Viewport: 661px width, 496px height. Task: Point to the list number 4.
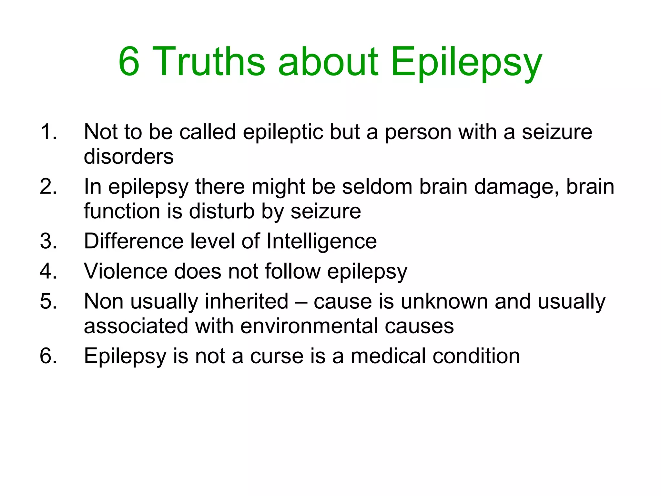(48, 271)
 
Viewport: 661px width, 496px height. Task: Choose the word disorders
(128, 157)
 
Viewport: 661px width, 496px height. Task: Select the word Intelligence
(321, 242)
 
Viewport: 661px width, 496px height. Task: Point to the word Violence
(126, 271)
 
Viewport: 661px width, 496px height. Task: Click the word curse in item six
(277, 356)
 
